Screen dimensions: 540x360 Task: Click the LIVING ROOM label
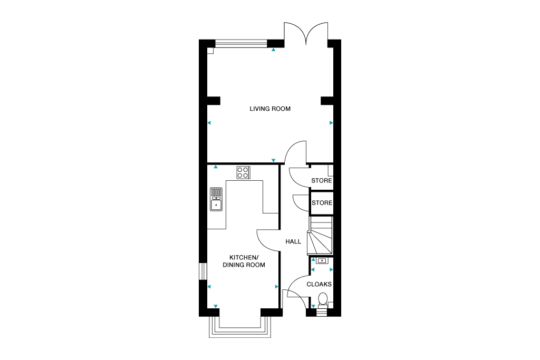click(x=270, y=109)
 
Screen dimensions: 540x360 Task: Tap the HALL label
click(x=293, y=241)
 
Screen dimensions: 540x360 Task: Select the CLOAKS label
click(x=319, y=284)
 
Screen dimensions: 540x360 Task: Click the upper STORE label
click(x=322, y=180)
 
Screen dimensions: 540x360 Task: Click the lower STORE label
click(x=322, y=203)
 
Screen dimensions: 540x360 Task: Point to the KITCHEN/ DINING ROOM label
click(x=244, y=261)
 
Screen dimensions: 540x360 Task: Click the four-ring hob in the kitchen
click(x=244, y=173)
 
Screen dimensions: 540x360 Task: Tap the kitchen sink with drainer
click(x=216, y=199)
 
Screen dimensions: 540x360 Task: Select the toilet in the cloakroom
click(x=323, y=299)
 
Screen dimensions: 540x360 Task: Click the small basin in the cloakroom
click(x=322, y=260)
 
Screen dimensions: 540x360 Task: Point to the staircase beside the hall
click(x=320, y=236)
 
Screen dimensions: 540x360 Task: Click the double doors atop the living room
click(x=306, y=33)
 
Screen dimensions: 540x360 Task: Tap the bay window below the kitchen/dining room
click(x=240, y=327)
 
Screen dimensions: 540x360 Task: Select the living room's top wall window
click(x=241, y=43)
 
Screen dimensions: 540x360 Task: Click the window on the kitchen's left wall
click(x=203, y=272)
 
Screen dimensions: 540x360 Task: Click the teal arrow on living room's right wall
click(x=331, y=123)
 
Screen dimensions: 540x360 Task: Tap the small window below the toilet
click(x=321, y=313)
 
